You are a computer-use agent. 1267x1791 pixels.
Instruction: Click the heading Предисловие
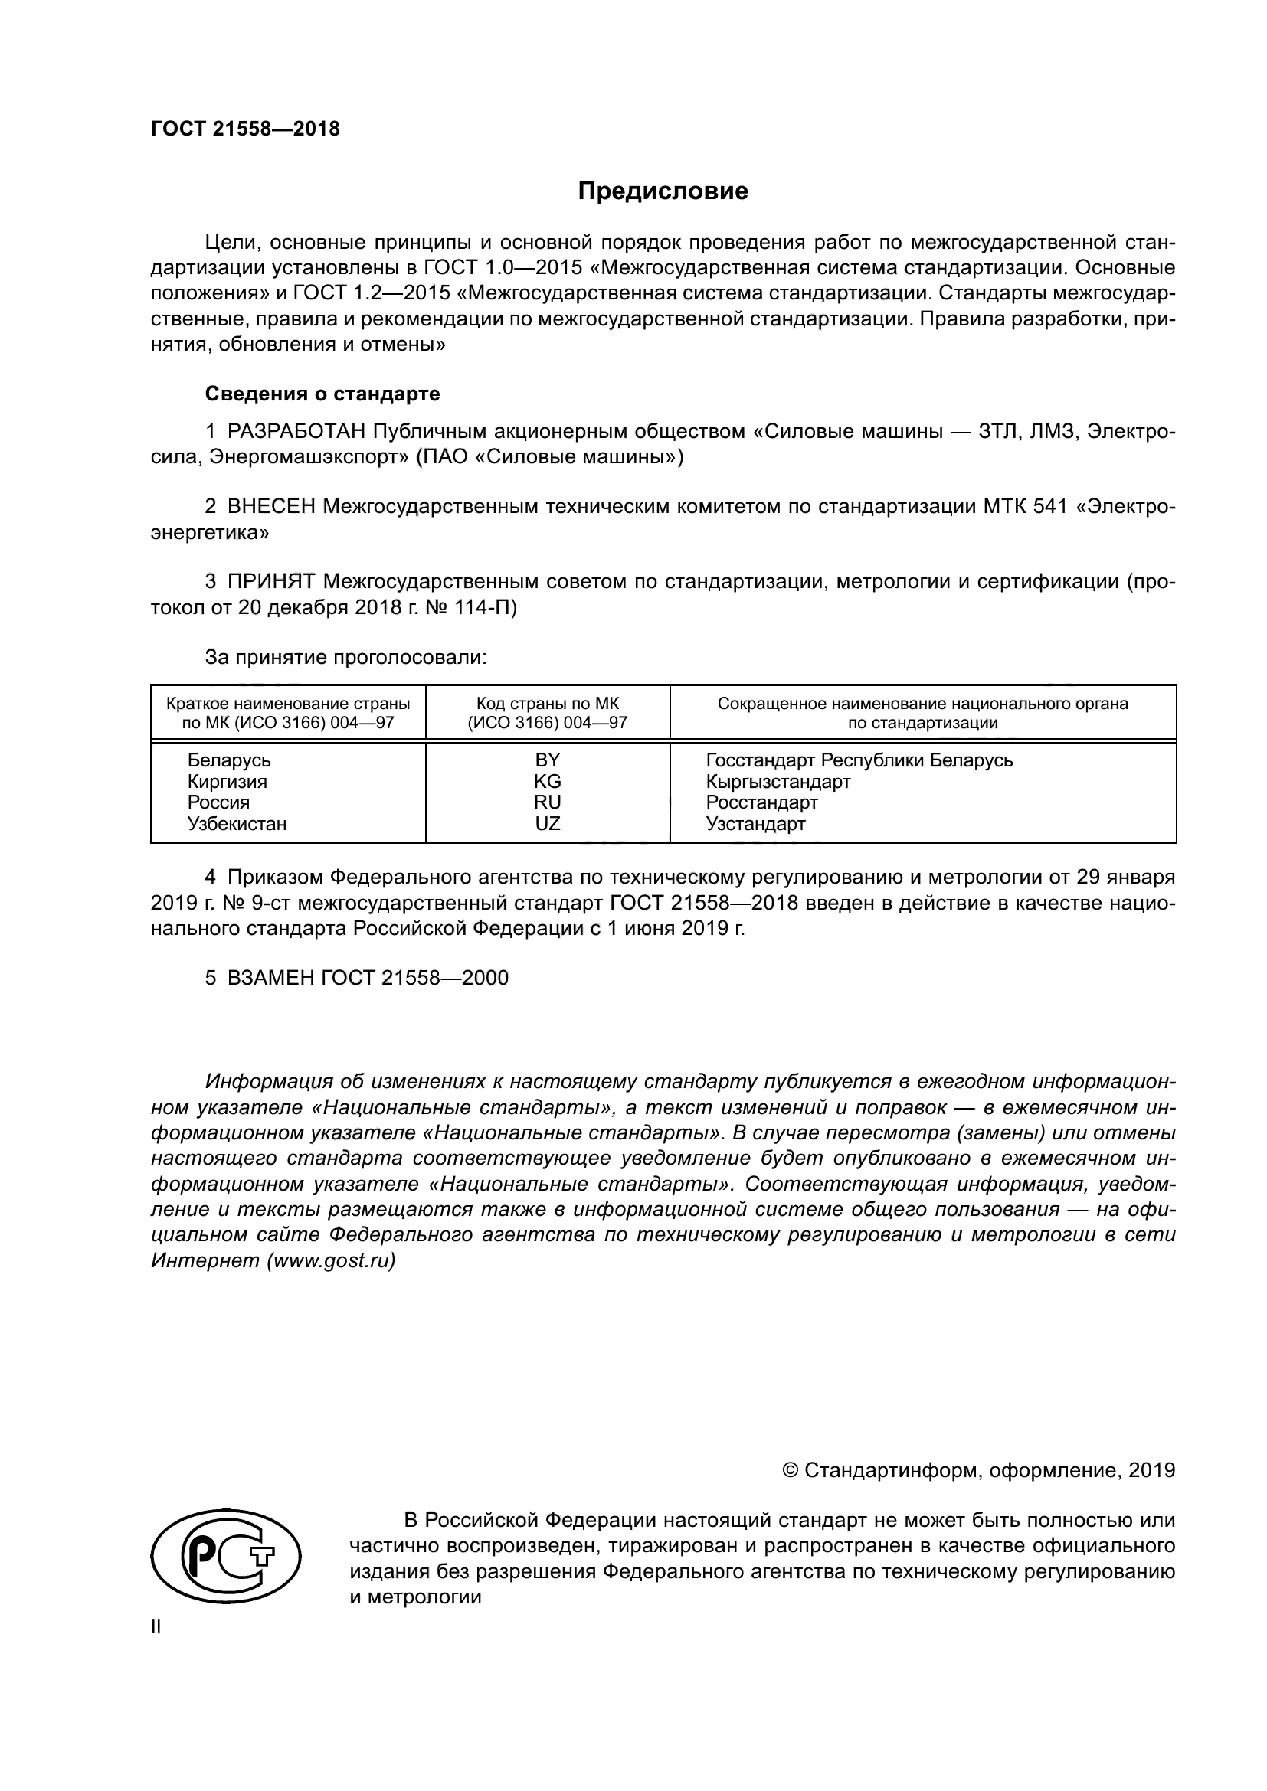[x=663, y=191]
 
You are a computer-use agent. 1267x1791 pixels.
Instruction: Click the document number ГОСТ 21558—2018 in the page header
[x=245, y=129]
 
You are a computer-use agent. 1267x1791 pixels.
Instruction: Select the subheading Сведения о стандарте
[x=322, y=394]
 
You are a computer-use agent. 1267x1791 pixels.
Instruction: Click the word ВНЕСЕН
[x=271, y=506]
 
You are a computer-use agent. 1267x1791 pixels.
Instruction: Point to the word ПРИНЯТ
[x=271, y=581]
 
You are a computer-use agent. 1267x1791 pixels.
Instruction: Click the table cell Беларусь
[x=228, y=760]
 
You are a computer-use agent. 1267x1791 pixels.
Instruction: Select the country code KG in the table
[x=547, y=781]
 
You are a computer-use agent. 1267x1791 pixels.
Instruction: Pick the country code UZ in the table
[x=547, y=824]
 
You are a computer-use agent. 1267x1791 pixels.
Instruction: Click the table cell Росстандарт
[x=761, y=802]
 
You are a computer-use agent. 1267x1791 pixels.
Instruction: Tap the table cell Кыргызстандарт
[x=778, y=781]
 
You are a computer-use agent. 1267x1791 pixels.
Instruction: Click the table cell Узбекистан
[x=237, y=824]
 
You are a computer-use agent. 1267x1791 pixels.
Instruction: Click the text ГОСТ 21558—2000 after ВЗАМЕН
[x=414, y=978]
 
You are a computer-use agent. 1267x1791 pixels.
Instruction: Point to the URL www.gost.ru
[x=331, y=1260]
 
